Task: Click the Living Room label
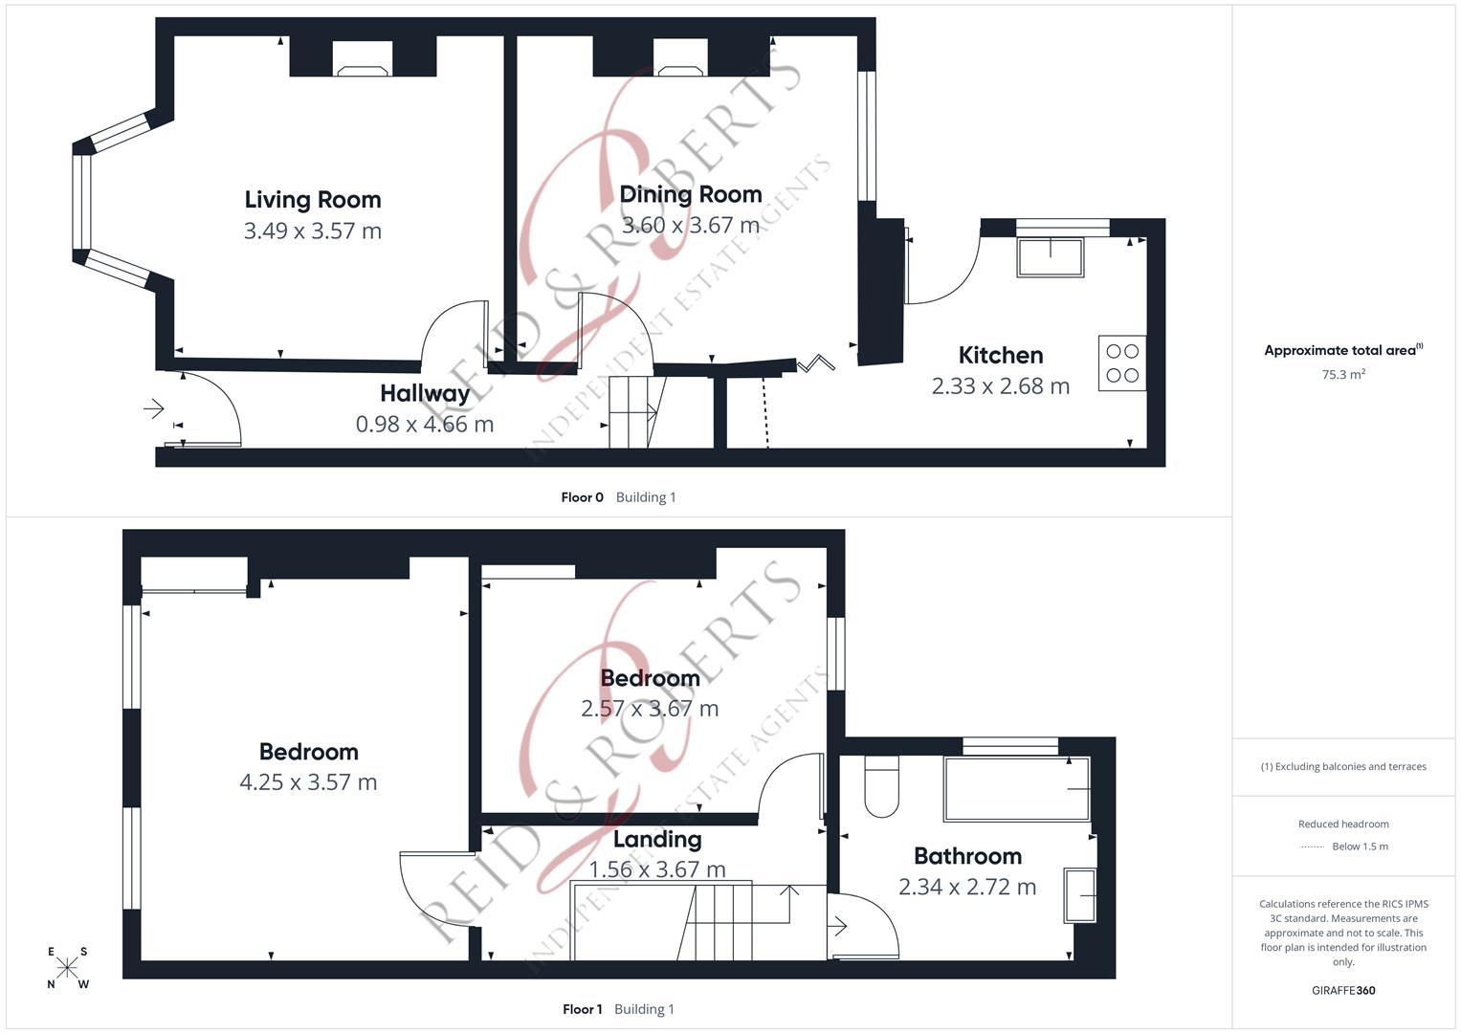313,199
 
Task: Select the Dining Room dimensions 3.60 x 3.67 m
690,226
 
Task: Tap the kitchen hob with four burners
1121,363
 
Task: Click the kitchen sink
1051,257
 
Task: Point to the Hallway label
425,393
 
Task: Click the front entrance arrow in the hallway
153,409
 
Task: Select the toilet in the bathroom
881,786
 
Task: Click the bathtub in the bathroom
1016,789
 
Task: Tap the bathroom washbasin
1080,895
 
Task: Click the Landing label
657,839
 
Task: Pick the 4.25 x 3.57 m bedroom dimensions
308,782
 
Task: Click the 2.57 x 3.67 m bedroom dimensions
650,709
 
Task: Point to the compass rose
67,968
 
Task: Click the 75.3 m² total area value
1343,375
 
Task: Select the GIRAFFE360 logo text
1343,991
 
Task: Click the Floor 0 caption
582,497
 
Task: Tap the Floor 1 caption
582,1009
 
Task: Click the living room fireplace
363,68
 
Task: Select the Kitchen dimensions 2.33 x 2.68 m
1001,386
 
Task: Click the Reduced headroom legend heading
1343,824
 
